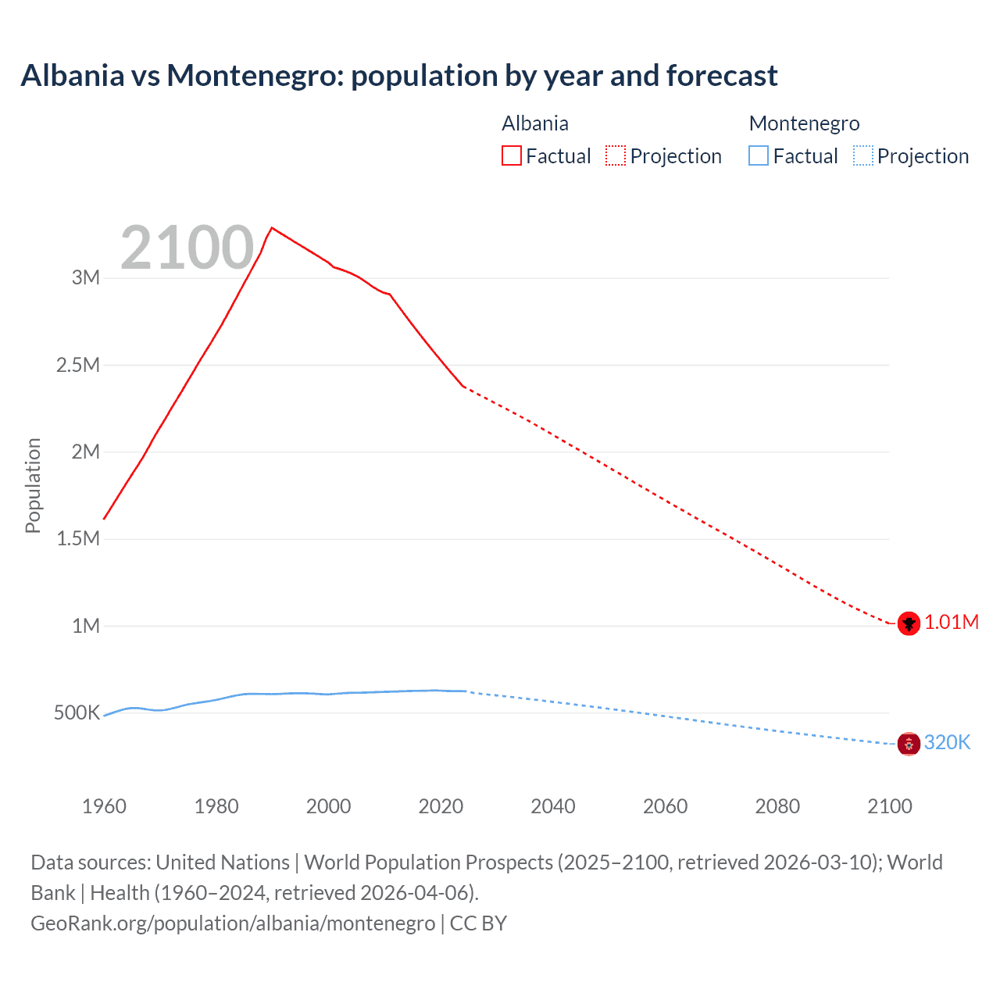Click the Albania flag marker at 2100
pos(909,623)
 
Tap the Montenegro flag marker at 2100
pos(909,744)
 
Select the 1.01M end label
pos(952,622)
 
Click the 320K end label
pos(947,742)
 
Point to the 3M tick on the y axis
pos(86,277)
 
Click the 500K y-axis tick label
pos(77,712)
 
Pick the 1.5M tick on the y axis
pos(78,538)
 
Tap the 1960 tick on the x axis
pos(104,806)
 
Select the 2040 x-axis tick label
pos(553,806)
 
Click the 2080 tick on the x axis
pos(777,806)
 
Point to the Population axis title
pos(33,485)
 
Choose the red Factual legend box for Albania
pos(512,155)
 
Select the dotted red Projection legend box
pos(616,155)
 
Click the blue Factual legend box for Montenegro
pos(759,155)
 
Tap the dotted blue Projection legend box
pos(862,155)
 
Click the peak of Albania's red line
pos(271,228)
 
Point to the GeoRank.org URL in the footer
pos(233,923)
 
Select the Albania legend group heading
pos(535,123)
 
